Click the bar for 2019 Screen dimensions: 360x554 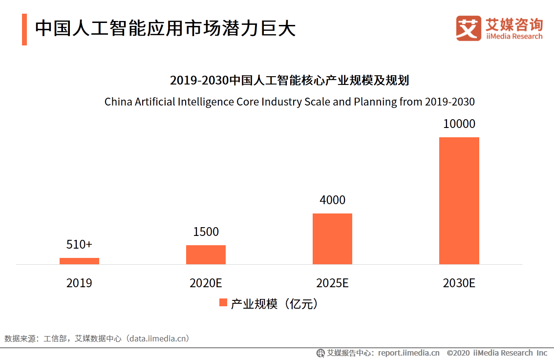[79, 261]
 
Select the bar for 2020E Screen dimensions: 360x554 [206, 254]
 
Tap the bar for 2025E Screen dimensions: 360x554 [332, 239]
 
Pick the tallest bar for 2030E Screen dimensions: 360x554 [459, 201]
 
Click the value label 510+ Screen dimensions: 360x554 [79, 244]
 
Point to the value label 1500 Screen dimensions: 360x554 [206, 232]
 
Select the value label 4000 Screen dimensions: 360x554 [332, 200]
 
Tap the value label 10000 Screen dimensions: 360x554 [459, 124]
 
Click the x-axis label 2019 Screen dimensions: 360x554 [79, 283]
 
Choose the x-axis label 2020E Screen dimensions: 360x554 [206, 283]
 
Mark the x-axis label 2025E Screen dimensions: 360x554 [332, 283]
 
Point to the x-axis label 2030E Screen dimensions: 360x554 [459, 283]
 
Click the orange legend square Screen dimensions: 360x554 [223, 303]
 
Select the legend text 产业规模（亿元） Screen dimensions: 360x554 [275, 303]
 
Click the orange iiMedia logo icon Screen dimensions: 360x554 [469, 28]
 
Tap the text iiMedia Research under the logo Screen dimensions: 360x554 [514, 36]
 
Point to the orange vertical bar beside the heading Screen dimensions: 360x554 [24, 29]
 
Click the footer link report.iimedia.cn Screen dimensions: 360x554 [408, 353]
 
